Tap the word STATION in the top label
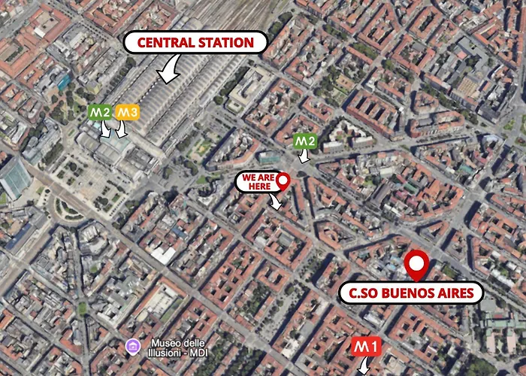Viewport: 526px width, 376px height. tap(227, 43)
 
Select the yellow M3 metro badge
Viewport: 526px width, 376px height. tap(127, 114)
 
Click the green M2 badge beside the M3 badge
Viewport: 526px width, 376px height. tap(100, 114)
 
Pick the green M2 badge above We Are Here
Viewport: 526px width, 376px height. tap(304, 141)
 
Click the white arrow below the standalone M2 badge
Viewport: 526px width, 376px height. tap(304, 156)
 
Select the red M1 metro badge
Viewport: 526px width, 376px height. tap(367, 347)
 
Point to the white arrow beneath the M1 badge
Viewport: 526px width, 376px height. tap(364, 367)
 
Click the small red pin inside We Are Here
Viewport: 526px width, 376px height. tap(283, 180)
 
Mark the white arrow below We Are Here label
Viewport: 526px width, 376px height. tap(277, 201)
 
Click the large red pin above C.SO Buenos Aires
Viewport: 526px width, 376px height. tap(416, 265)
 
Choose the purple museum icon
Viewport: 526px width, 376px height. tap(132, 345)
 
